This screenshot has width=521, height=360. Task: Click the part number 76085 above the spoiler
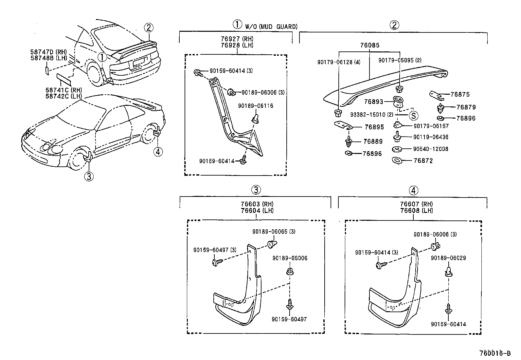(370, 45)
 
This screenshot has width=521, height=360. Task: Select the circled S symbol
(413, 115)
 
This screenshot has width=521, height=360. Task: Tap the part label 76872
(423, 161)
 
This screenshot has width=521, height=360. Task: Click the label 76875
(460, 94)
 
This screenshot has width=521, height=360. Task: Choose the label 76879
(466, 107)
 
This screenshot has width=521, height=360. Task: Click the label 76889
(373, 142)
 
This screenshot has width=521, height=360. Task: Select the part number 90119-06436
(431, 137)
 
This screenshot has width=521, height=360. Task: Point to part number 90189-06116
(255, 106)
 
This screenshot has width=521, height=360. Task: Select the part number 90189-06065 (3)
(274, 232)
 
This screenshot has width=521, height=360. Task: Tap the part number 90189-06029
(448, 258)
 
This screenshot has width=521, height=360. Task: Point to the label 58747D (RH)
(48, 52)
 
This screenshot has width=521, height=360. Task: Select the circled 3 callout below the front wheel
(89, 177)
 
